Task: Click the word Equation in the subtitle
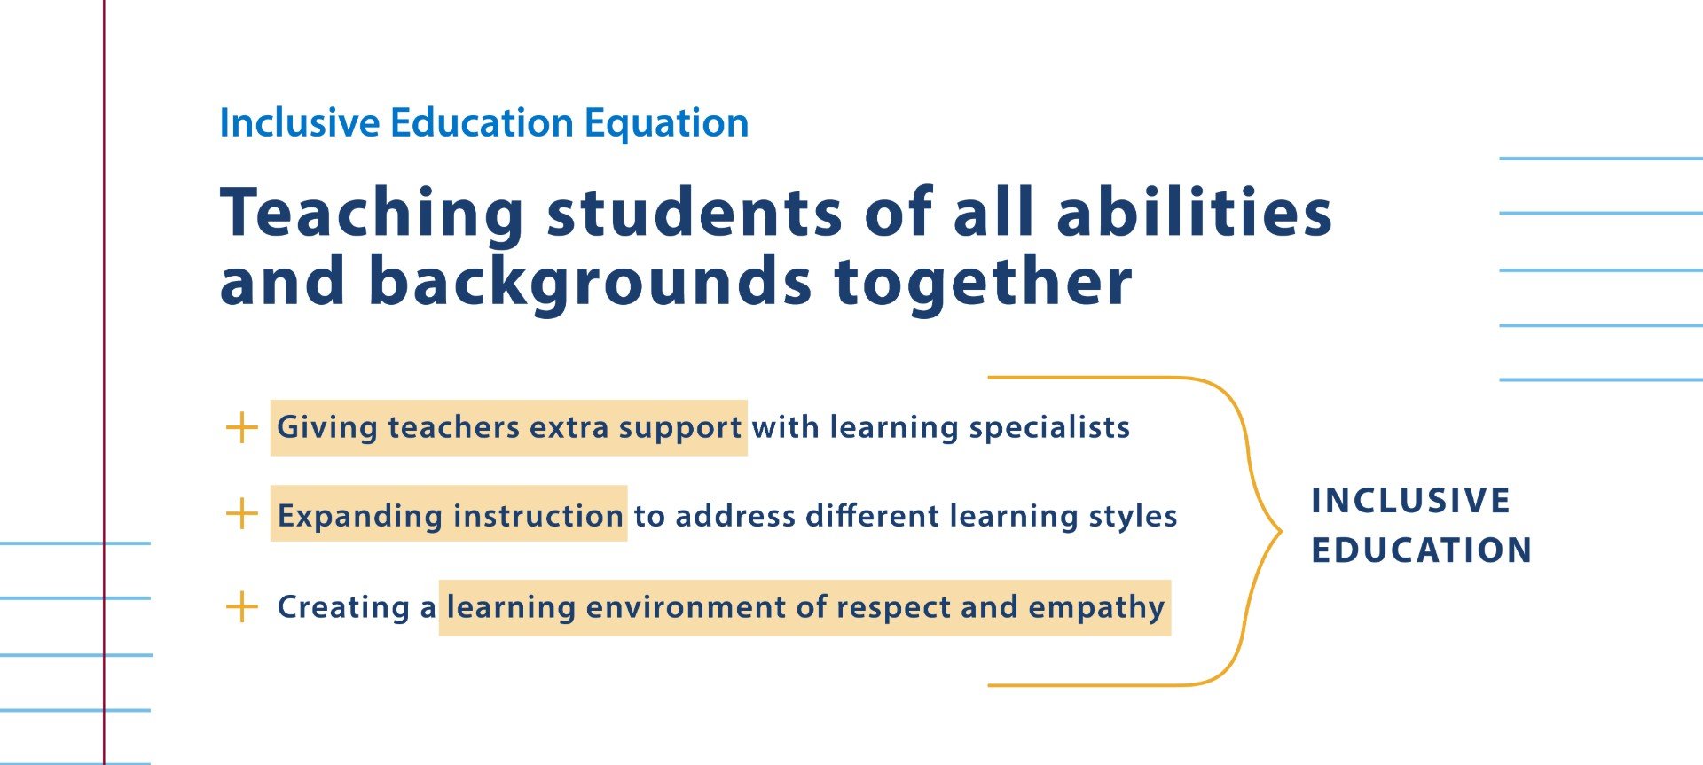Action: point(666,123)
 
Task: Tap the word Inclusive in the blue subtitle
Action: point(299,122)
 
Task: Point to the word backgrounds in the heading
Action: point(589,282)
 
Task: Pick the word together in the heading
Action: point(983,282)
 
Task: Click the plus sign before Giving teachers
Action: point(241,427)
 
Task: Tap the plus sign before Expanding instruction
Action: point(241,513)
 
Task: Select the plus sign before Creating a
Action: point(241,607)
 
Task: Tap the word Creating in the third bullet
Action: point(343,607)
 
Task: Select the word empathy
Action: point(1096,608)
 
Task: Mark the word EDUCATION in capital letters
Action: point(1422,550)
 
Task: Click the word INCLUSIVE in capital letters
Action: point(1410,501)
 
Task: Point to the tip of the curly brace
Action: point(1281,531)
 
